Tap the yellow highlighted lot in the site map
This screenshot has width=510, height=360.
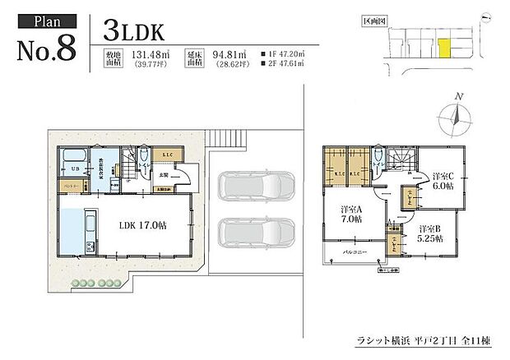pyautogui.click(x=444, y=48)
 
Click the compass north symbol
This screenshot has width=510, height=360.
pyautogui.click(x=451, y=115)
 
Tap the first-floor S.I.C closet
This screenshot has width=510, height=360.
pyautogui.click(x=165, y=156)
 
